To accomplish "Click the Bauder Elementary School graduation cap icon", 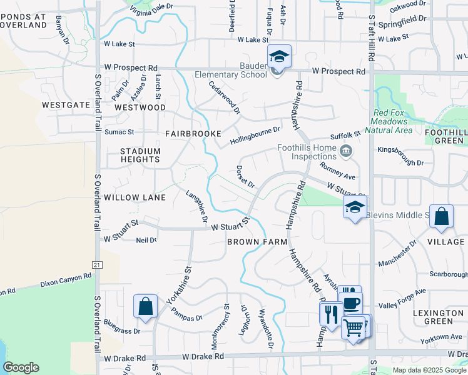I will [x=277, y=57].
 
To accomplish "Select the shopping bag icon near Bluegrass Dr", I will [x=145, y=307].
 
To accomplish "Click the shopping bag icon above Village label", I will [x=441, y=217].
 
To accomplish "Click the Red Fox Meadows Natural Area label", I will [x=392, y=121].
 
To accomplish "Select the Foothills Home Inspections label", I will [x=307, y=152].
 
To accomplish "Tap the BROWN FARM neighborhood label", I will [x=257, y=241].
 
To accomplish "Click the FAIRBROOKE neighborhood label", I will [x=193, y=134].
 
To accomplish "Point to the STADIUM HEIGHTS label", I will [x=141, y=156].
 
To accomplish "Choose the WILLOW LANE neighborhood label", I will [x=135, y=197].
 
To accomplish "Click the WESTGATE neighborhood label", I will [x=66, y=105].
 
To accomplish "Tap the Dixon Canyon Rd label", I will [x=65, y=279].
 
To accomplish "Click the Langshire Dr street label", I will [x=196, y=207].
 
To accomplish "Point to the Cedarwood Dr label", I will [x=225, y=97].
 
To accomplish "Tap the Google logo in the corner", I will [x=21, y=367].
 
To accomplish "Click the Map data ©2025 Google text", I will [x=428, y=370].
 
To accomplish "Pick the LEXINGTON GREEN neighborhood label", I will [x=442, y=317].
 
